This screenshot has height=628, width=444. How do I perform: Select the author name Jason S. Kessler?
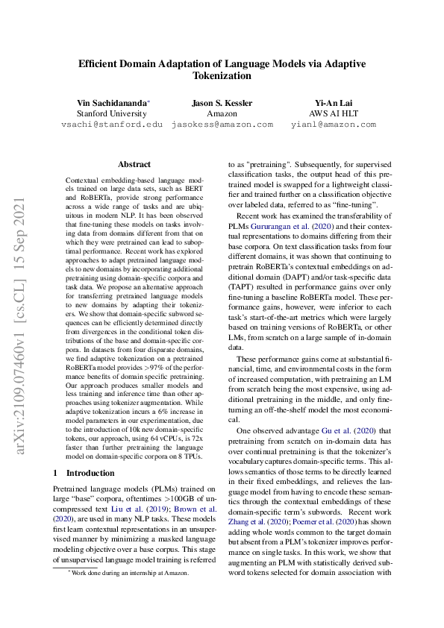click(222, 101)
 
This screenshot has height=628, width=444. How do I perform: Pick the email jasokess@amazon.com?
click(222, 125)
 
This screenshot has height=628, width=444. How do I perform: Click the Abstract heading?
click(134, 164)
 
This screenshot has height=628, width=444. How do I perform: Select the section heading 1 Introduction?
click(87, 473)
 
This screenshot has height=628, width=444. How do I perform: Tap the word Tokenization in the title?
click(222, 75)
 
